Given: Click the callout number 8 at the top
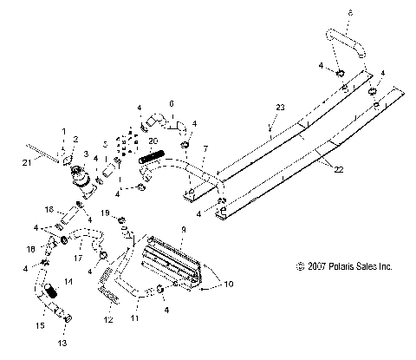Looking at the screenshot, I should pyautogui.click(x=349, y=12).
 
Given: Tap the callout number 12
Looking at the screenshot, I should pyautogui.click(x=108, y=320).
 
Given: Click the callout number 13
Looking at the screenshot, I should pyautogui.click(x=61, y=343).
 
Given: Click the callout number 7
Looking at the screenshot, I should pyautogui.click(x=204, y=150).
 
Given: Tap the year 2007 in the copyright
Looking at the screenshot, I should pyautogui.click(x=316, y=266).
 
